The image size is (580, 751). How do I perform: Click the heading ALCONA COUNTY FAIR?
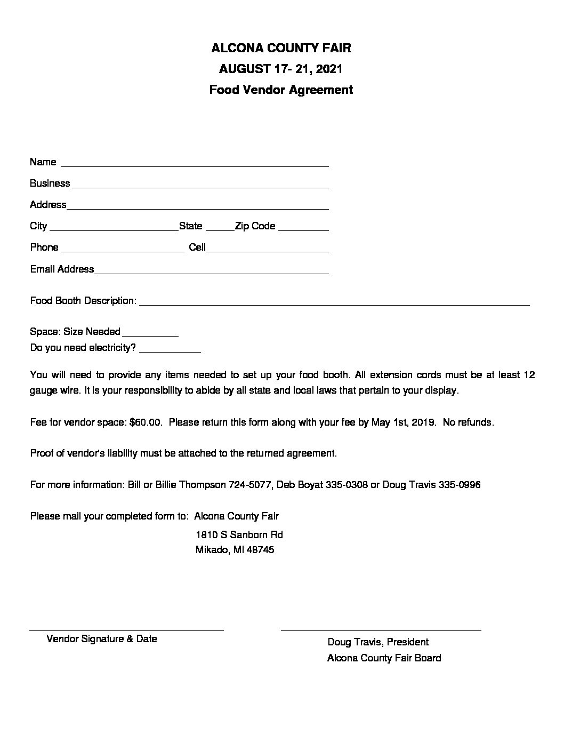(x=281, y=49)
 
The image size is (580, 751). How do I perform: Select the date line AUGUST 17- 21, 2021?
(x=280, y=69)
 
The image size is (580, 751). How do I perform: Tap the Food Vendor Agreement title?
(x=281, y=90)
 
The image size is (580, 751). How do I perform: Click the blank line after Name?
(x=195, y=163)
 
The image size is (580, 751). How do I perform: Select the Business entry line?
(x=200, y=185)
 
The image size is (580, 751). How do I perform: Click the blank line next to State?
(x=219, y=227)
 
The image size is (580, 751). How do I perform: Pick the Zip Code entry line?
(x=303, y=227)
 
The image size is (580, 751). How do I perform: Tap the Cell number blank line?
(x=267, y=249)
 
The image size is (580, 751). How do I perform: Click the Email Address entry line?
(x=211, y=270)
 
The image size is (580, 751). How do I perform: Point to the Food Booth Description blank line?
(x=334, y=302)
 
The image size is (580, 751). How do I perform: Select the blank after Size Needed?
(x=150, y=333)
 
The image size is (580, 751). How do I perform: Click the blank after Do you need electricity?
(x=170, y=349)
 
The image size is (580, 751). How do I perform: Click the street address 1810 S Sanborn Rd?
(x=239, y=534)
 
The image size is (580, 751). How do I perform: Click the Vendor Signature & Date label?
(x=102, y=639)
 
